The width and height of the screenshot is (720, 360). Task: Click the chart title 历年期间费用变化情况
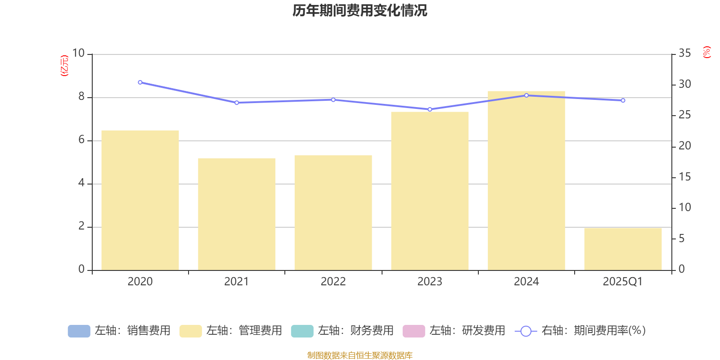click(x=360, y=10)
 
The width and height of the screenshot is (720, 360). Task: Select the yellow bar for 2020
click(x=140, y=200)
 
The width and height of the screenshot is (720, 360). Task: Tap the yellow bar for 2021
click(x=237, y=214)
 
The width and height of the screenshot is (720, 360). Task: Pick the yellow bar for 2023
click(x=430, y=191)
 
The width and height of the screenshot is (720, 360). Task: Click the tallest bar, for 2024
click(x=526, y=180)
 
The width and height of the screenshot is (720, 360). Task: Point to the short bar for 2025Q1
click(x=623, y=249)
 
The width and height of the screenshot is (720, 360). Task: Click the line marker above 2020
click(x=140, y=82)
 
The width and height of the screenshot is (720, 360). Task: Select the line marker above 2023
click(x=430, y=109)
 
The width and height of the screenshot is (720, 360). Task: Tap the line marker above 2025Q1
click(x=623, y=100)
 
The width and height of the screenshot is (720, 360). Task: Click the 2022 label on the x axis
click(x=333, y=282)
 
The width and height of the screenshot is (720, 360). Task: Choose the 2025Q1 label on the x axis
click(x=623, y=282)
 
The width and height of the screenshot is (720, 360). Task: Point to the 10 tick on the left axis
click(x=78, y=54)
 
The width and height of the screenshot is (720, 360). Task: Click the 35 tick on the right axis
click(x=684, y=54)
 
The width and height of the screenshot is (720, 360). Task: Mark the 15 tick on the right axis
click(x=684, y=177)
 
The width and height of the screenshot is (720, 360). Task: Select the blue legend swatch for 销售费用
click(x=79, y=331)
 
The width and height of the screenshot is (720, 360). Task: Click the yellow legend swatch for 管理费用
click(x=190, y=331)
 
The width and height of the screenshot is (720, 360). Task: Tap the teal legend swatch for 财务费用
click(x=302, y=331)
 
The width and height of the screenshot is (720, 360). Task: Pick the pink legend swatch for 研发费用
click(x=414, y=331)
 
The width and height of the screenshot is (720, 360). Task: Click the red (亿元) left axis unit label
click(x=65, y=66)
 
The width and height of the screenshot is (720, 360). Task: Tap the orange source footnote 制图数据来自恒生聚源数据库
click(x=360, y=355)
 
